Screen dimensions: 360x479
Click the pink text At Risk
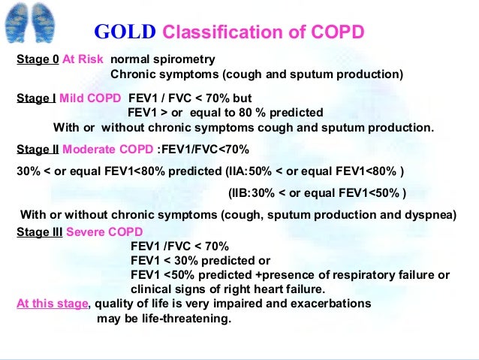[83, 59]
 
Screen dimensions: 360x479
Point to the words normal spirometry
[162, 59]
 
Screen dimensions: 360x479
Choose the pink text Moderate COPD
[109, 149]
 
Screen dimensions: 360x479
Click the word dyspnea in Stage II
[430, 214]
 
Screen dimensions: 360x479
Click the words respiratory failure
[389, 275]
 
